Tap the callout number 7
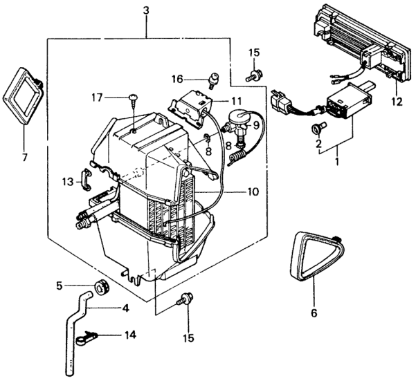25,158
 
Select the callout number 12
395,102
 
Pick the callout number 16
177,79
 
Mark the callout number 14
129,335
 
